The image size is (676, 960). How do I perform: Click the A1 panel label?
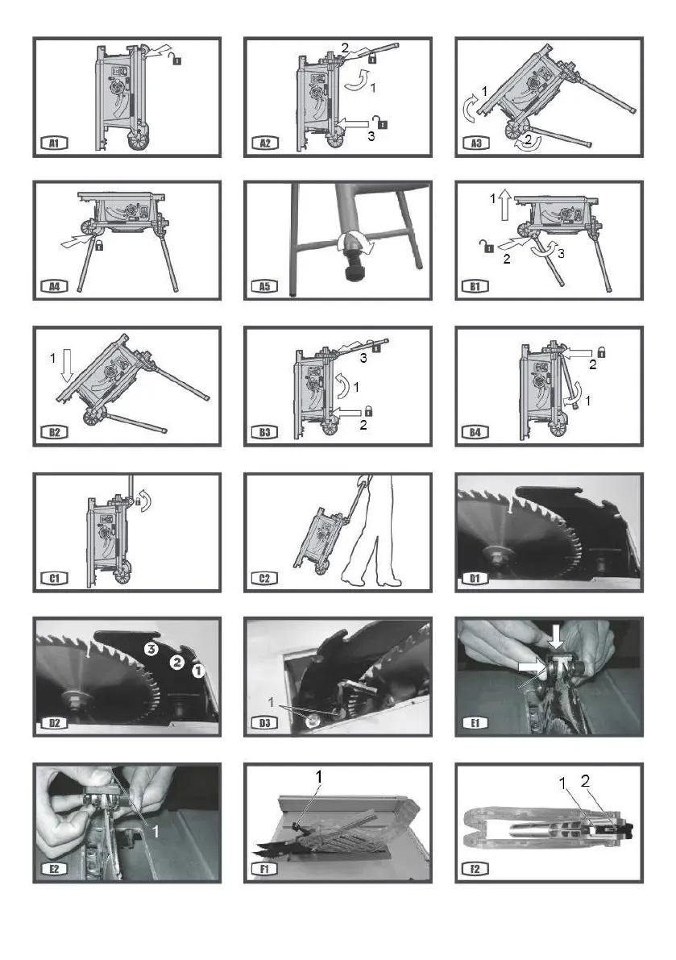pyautogui.click(x=55, y=143)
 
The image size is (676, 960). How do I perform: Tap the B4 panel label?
pyautogui.click(x=475, y=432)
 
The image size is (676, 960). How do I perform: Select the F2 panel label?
pyautogui.click(x=475, y=869)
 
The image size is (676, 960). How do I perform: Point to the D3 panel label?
pyautogui.click(x=265, y=723)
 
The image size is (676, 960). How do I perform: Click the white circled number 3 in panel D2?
pyautogui.click(x=151, y=650)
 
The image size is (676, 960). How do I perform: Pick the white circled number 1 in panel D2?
pyautogui.click(x=198, y=671)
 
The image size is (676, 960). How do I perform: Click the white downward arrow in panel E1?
pyautogui.click(x=556, y=635)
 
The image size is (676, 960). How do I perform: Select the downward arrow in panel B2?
pyautogui.click(x=68, y=367)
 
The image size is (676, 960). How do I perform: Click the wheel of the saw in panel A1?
pyautogui.click(x=139, y=141)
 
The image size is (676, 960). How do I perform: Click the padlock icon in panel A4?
pyautogui.click(x=97, y=246)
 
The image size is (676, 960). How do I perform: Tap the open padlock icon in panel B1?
pyautogui.click(x=487, y=247)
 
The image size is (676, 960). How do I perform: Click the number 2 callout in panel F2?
pyautogui.click(x=585, y=780)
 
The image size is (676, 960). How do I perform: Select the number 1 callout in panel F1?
pyautogui.click(x=319, y=776)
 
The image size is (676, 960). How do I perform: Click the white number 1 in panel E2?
pyautogui.click(x=156, y=831)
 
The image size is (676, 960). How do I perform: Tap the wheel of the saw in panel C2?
pyautogui.click(x=320, y=569)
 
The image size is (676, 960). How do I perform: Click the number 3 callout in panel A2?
pyautogui.click(x=371, y=136)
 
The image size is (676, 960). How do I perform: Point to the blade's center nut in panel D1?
pyautogui.click(x=492, y=555)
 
